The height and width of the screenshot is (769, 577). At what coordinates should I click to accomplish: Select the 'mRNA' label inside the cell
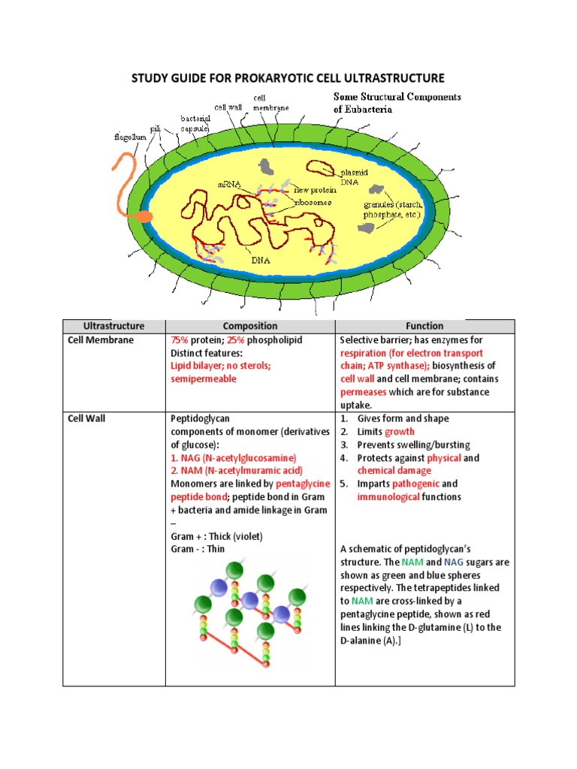point(229,183)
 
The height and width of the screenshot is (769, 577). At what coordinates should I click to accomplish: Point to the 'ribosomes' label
point(313,202)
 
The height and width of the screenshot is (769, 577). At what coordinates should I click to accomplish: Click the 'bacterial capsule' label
point(195,122)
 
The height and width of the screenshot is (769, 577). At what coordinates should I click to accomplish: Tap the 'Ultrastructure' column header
point(113,326)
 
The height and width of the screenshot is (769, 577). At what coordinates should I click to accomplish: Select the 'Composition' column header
point(249,326)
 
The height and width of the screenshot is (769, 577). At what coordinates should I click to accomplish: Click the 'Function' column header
point(424,326)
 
